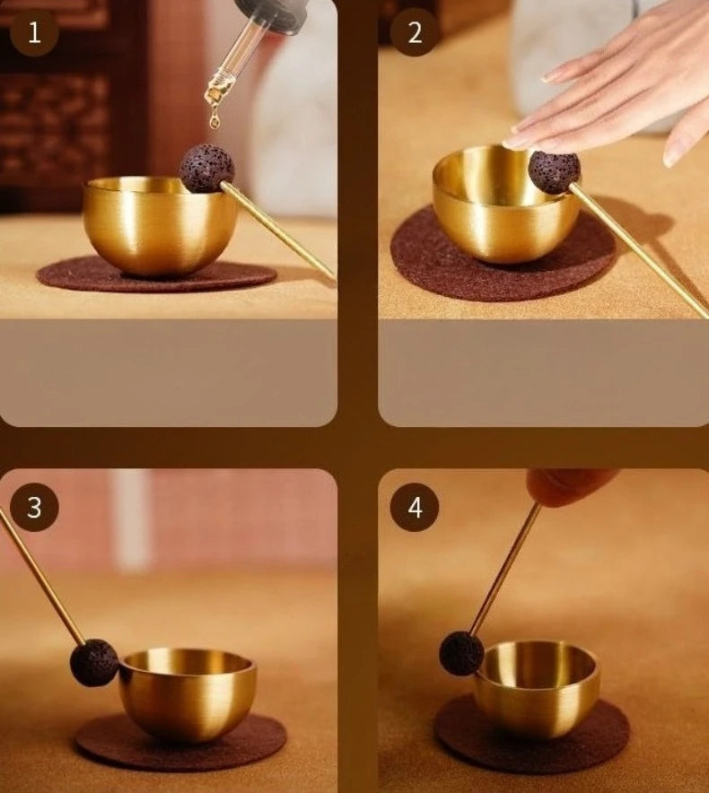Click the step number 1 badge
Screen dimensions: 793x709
34,33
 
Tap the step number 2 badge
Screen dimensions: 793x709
415,33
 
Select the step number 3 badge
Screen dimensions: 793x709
34,507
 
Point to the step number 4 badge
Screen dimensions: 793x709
415,509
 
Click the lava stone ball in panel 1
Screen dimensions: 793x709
206,168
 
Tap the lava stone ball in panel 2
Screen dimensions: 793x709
554,171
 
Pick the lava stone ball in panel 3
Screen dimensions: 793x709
94,663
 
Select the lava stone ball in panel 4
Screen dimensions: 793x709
461,653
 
